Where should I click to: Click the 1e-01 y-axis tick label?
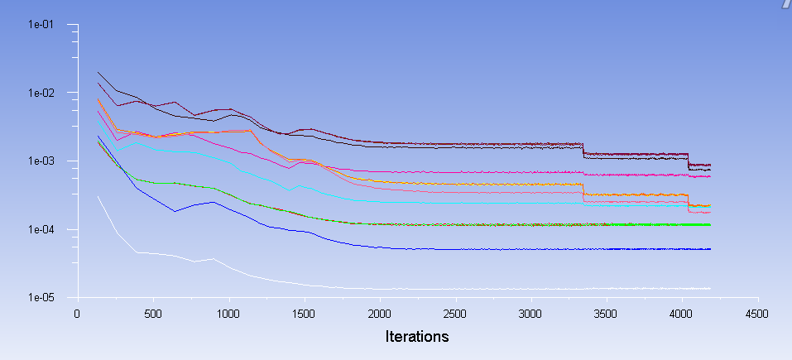(x=41, y=24)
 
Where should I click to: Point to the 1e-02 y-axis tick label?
(x=41, y=93)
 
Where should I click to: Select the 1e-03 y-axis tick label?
(x=41, y=161)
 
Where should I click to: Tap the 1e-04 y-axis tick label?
(x=41, y=229)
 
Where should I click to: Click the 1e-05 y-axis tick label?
(x=41, y=297)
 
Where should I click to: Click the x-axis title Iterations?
(x=417, y=337)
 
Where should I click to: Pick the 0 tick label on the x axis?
(x=77, y=314)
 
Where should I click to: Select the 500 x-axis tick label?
(x=152, y=314)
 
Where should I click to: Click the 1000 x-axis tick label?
(x=228, y=314)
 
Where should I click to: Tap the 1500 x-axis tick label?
(x=304, y=314)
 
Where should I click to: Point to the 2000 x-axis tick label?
(x=380, y=314)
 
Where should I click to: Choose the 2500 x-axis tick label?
(x=455, y=314)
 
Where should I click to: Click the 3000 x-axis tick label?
(x=530, y=314)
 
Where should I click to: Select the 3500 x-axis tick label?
(x=607, y=314)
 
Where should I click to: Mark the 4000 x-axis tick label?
(x=682, y=314)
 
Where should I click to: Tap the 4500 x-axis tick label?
(x=757, y=314)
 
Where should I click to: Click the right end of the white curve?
(x=710, y=288)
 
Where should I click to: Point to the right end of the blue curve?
(x=710, y=249)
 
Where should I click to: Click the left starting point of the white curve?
(x=98, y=196)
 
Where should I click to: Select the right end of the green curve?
(x=710, y=225)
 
